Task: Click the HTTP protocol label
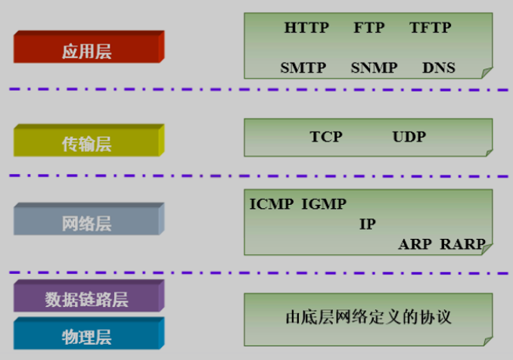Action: pos(306,29)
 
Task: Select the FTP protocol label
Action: pos(368,29)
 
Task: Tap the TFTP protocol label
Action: pos(430,29)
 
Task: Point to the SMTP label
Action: pos(303,68)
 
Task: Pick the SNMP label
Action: pos(374,68)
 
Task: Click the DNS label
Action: pos(439,68)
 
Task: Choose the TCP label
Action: pos(326,137)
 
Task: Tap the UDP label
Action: pos(409,137)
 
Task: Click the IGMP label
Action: pos(324,204)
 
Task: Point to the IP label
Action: pos(367,225)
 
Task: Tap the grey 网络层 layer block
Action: pos(87,223)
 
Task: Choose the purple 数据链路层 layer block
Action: pos(87,299)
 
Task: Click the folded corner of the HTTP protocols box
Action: pos(487,72)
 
